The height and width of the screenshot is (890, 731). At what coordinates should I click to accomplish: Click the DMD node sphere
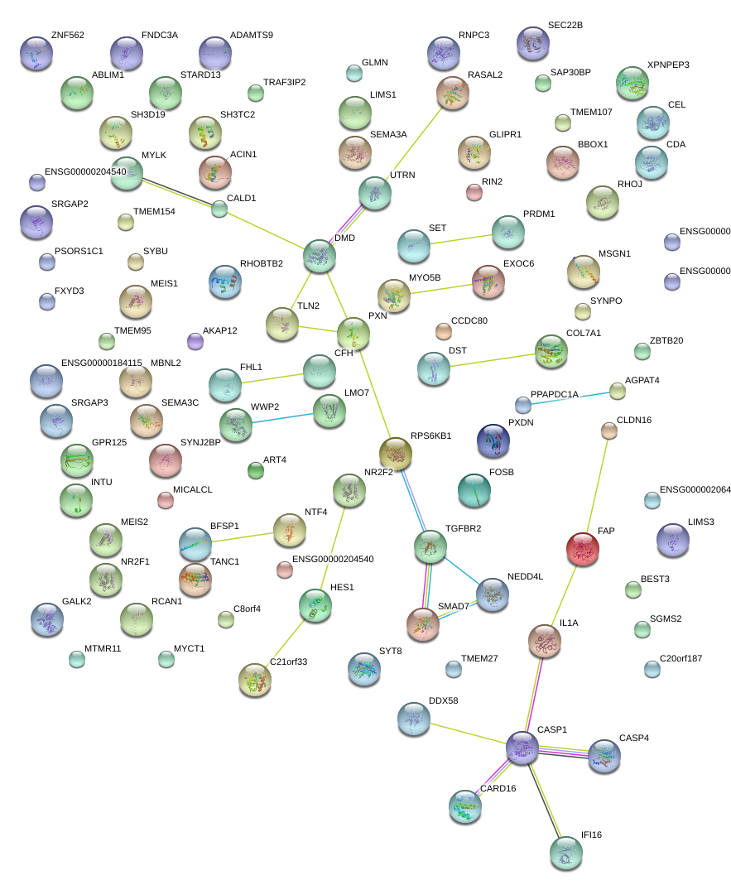pos(319,256)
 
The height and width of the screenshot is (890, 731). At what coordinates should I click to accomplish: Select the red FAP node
pos(582,547)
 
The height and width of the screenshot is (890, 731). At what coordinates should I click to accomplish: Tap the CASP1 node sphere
pos(522,747)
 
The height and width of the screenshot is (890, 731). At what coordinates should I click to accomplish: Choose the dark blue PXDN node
pos(493,440)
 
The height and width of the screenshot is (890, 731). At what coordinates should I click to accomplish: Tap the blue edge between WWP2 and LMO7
pos(282,417)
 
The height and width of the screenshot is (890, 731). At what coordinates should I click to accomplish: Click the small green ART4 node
pos(256,470)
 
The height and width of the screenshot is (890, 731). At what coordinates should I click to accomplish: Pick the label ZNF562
pos(67,36)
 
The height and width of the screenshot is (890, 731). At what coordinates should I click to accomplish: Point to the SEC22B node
pos(532,42)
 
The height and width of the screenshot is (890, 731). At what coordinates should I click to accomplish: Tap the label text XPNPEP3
pos(668,65)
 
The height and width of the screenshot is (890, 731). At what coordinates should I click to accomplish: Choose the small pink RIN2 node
pos(474,192)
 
